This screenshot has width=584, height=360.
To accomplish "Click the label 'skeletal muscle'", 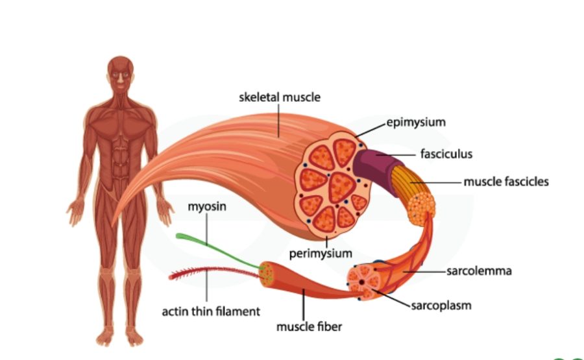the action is point(279,97).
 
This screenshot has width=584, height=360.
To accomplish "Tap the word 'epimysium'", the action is point(416,122).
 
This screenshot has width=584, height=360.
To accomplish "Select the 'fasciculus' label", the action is point(446,154).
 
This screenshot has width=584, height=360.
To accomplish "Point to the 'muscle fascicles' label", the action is point(506,182).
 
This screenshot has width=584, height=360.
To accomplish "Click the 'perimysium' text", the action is point(321,254).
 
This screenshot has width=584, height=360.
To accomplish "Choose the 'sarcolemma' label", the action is point(479,271).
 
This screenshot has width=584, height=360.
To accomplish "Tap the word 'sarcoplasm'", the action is point(441,306).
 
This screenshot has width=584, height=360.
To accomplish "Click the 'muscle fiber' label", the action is point(309,327).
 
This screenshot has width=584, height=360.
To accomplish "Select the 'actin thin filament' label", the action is point(211,311).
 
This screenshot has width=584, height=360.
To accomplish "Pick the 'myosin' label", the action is point(207,207).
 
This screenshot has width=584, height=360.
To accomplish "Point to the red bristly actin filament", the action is point(214,272).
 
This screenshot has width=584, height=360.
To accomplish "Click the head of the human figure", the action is point(120,73).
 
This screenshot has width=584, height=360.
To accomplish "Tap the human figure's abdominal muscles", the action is point(120,160).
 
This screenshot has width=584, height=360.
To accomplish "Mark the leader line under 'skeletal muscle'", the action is point(278,121).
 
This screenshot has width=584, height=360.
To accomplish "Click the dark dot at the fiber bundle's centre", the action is point(361,283).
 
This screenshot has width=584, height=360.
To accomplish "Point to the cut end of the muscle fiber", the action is point(267,274).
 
